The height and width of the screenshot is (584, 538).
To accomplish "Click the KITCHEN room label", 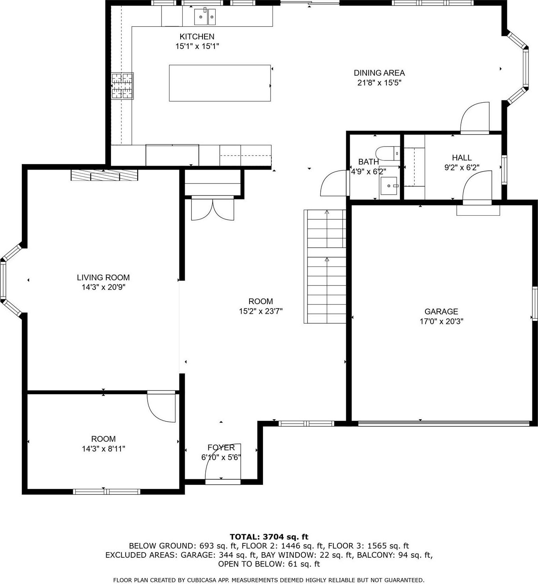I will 197,37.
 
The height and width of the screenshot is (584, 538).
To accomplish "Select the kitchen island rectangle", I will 220,83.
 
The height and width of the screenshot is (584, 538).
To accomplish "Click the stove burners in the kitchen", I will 122,86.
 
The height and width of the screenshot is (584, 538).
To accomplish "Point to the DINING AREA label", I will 379,73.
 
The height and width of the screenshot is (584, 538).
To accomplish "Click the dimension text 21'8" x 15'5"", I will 379,83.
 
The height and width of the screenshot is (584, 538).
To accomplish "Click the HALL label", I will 462,158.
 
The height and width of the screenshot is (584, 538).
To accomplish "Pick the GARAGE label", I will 441,312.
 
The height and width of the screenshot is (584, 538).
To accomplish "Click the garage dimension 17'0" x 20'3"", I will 441,322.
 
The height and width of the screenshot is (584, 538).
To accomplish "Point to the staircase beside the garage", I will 326,267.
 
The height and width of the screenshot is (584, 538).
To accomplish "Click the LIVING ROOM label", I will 103,277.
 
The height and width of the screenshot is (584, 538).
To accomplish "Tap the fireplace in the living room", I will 104,175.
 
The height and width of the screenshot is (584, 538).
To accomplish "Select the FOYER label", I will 221,447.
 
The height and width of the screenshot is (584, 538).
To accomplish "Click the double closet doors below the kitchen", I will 213,209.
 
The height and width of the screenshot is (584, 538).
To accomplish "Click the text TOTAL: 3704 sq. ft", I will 269,537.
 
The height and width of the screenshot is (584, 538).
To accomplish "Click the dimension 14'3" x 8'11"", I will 103,449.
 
